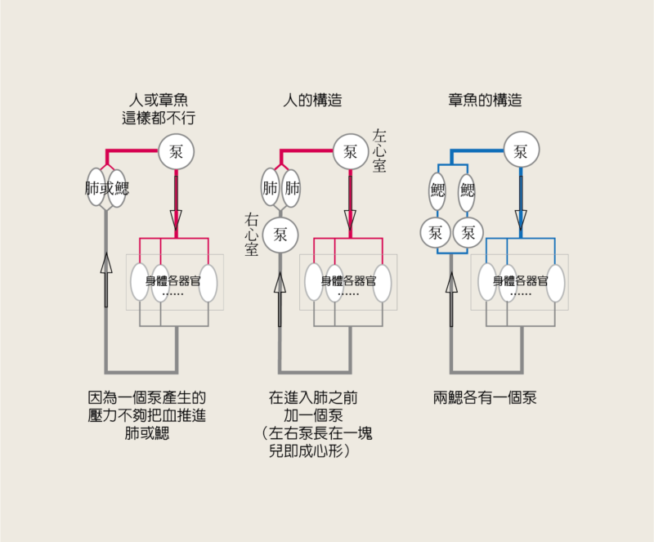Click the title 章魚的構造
click(485, 101)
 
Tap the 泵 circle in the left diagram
click(177, 151)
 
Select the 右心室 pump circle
click(280, 235)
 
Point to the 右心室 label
click(251, 234)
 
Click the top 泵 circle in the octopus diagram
click(521, 151)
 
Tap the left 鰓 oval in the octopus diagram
click(437, 190)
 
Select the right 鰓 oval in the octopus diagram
click(468, 190)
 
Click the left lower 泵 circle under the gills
click(436, 233)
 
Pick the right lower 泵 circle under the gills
click(468, 233)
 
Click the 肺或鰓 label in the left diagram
click(107, 188)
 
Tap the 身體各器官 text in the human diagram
click(347, 280)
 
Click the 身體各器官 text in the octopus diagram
click(520, 280)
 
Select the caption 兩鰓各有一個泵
click(485, 399)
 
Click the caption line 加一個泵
click(314, 416)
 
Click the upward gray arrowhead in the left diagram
click(106, 263)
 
